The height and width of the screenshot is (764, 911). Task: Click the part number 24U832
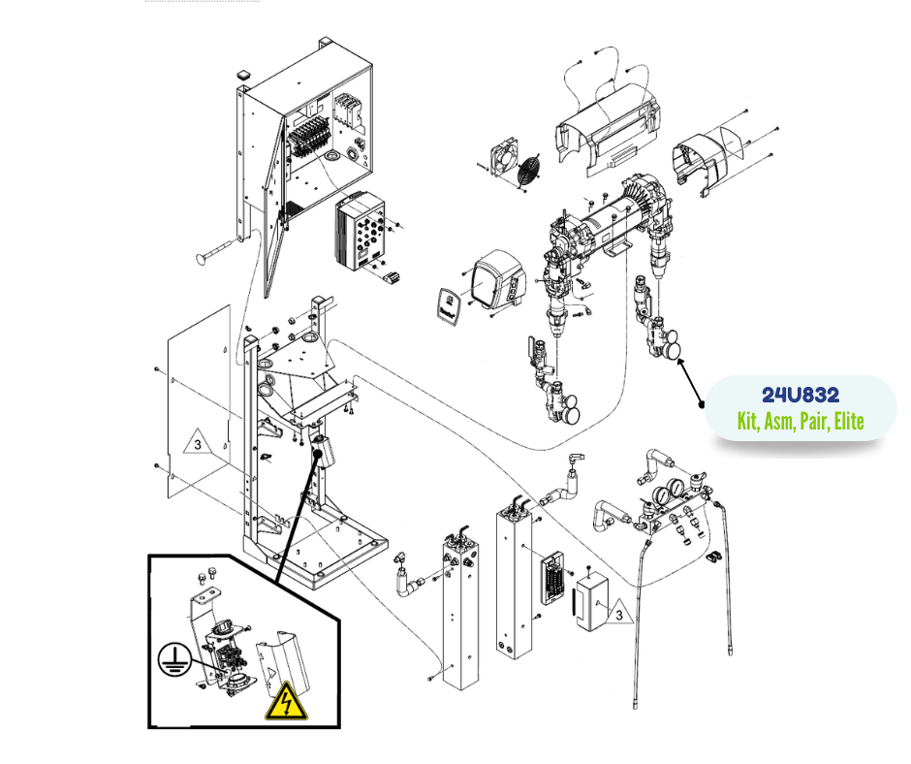(x=800, y=396)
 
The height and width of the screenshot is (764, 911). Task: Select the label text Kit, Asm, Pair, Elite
(x=800, y=421)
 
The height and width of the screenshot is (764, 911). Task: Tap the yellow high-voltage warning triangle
(x=286, y=701)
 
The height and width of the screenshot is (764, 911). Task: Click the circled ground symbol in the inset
(x=173, y=659)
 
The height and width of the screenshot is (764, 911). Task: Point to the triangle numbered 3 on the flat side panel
(x=198, y=442)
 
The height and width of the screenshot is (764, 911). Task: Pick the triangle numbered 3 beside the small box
(x=618, y=613)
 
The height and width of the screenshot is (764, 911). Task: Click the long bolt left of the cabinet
(x=218, y=250)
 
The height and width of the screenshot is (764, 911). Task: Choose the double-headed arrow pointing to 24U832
(x=690, y=382)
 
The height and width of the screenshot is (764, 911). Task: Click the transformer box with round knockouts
(x=360, y=232)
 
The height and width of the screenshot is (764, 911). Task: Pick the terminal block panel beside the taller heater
(x=553, y=580)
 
